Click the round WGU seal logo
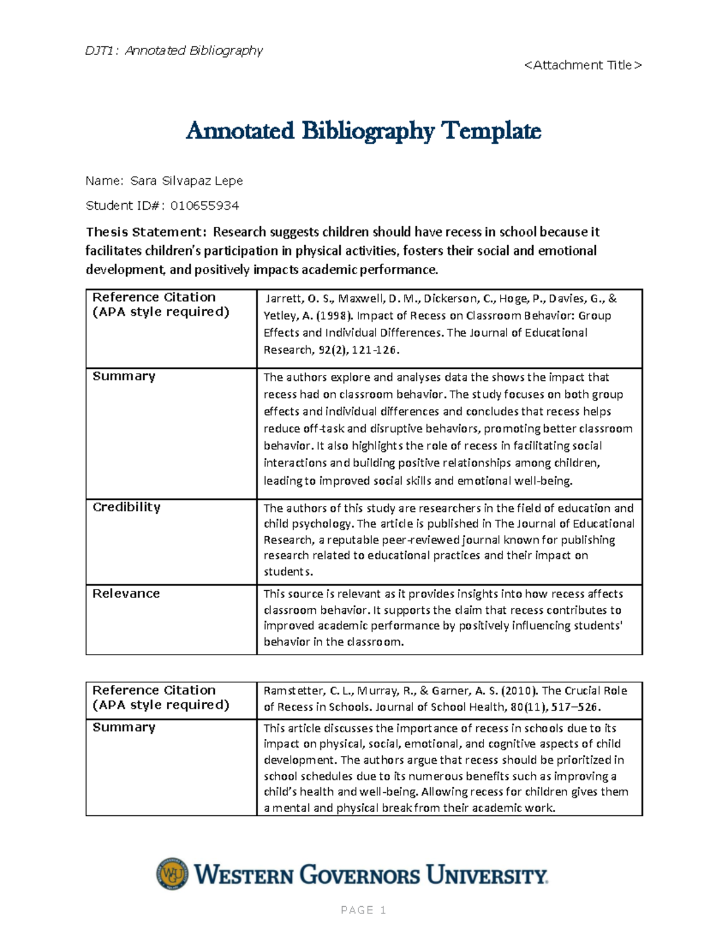point(172,874)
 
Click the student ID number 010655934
point(204,206)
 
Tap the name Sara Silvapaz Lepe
point(186,181)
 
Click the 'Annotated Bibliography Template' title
point(363,130)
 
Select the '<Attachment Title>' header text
point(582,65)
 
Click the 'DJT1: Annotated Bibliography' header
point(174,50)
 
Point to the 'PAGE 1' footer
point(363,910)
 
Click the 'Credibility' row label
point(126,507)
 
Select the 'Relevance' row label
point(126,594)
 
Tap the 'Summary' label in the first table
point(124,376)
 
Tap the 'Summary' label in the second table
point(124,727)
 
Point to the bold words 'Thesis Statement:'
point(146,232)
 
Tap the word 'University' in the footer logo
point(487,875)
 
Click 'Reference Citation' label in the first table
point(153,297)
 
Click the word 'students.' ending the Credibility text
point(288,571)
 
